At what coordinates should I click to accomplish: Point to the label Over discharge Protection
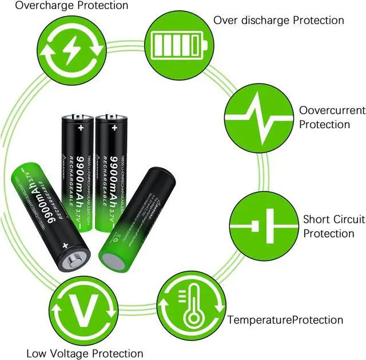[279, 20]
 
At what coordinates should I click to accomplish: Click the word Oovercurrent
[332, 110]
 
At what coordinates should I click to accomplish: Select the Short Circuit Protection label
[329, 226]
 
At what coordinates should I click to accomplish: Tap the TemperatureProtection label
[285, 320]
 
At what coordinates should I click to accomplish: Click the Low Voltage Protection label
[85, 353]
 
